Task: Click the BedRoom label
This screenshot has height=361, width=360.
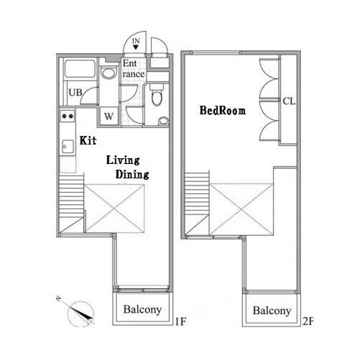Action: pos(223,111)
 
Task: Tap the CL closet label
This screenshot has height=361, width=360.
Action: pos(289,101)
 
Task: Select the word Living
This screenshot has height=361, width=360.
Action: pos(123,160)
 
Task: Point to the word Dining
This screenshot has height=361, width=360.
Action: pos(132,174)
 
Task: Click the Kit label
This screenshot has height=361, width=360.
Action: pos(88,140)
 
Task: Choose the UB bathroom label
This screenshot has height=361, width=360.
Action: pos(75,92)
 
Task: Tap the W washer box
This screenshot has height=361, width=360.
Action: pos(109,116)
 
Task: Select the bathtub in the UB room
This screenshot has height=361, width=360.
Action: pos(80,68)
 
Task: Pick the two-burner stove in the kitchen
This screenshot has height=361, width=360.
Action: pos(68,116)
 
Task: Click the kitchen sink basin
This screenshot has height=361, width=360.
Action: pos(68,147)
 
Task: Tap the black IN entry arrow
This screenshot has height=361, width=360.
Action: pos(136,47)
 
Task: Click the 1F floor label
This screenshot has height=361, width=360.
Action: pos(180,321)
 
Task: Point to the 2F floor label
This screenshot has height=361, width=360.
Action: pos(308,321)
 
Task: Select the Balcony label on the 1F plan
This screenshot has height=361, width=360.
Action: pos(142,309)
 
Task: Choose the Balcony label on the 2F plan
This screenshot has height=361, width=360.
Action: pos(272,311)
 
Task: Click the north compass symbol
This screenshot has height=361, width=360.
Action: pos(80,314)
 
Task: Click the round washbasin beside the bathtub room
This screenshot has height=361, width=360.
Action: pos(108,73)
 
